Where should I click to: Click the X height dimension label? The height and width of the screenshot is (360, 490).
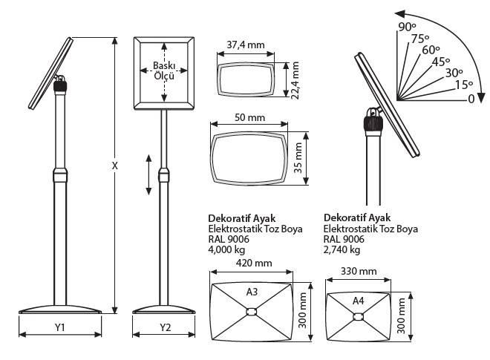[x=114, y=166]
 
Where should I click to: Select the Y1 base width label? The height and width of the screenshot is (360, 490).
[x=59, y=327]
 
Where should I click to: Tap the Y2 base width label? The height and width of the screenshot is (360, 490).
[x=166, y=327]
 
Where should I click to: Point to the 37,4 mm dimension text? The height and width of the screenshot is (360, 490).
[x=246, y=45]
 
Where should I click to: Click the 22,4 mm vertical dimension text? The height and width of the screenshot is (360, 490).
[x=295, y=80]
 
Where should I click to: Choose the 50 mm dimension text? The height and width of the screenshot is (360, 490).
[x=249, y=117]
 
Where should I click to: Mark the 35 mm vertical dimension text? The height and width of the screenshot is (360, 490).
[x=298, y=157]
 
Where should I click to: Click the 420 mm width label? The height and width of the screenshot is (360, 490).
[x=254, y=263]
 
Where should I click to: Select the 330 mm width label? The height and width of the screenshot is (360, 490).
[x=359, y=271]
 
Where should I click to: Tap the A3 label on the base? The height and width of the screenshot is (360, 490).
[x=252, y=292]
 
